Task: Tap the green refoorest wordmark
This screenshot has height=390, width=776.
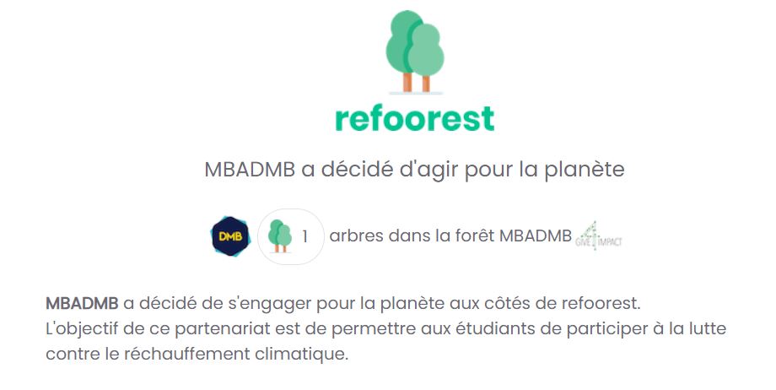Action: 414,117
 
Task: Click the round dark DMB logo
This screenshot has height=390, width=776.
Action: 230,236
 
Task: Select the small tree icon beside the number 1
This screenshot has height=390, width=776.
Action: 279,236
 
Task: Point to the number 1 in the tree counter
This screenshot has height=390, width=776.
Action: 304,236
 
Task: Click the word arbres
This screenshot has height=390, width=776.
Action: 355,236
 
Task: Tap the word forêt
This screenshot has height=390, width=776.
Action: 473,236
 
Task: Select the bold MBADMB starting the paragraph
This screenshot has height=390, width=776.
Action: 82,302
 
